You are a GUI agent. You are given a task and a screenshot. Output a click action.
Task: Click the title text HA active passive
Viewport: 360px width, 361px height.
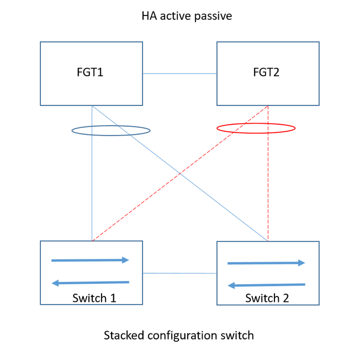(x=187, y=16)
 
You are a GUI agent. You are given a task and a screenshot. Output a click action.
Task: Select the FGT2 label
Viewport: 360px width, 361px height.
(x=267, y=73)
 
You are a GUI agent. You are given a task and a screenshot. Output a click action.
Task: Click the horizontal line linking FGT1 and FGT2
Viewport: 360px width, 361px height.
(x=180, y=73)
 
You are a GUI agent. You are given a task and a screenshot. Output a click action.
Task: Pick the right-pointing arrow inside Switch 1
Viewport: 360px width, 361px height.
(x=90, y=260)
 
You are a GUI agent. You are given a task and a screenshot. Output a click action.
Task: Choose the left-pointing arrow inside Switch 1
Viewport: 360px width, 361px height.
(x=90, y=283)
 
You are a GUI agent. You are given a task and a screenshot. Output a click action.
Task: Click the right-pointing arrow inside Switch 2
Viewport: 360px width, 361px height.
(x=266, y=263)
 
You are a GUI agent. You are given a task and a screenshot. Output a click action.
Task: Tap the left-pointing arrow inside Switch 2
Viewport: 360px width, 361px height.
(x=266, y=285)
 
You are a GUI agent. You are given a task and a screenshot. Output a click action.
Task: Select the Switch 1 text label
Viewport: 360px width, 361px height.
(x=94, y=298)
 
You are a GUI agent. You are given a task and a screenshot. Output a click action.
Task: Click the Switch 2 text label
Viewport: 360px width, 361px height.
(x=267, y=298)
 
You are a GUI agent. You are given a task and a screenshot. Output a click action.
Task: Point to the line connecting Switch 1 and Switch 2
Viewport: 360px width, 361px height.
(x=180, y=273)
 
